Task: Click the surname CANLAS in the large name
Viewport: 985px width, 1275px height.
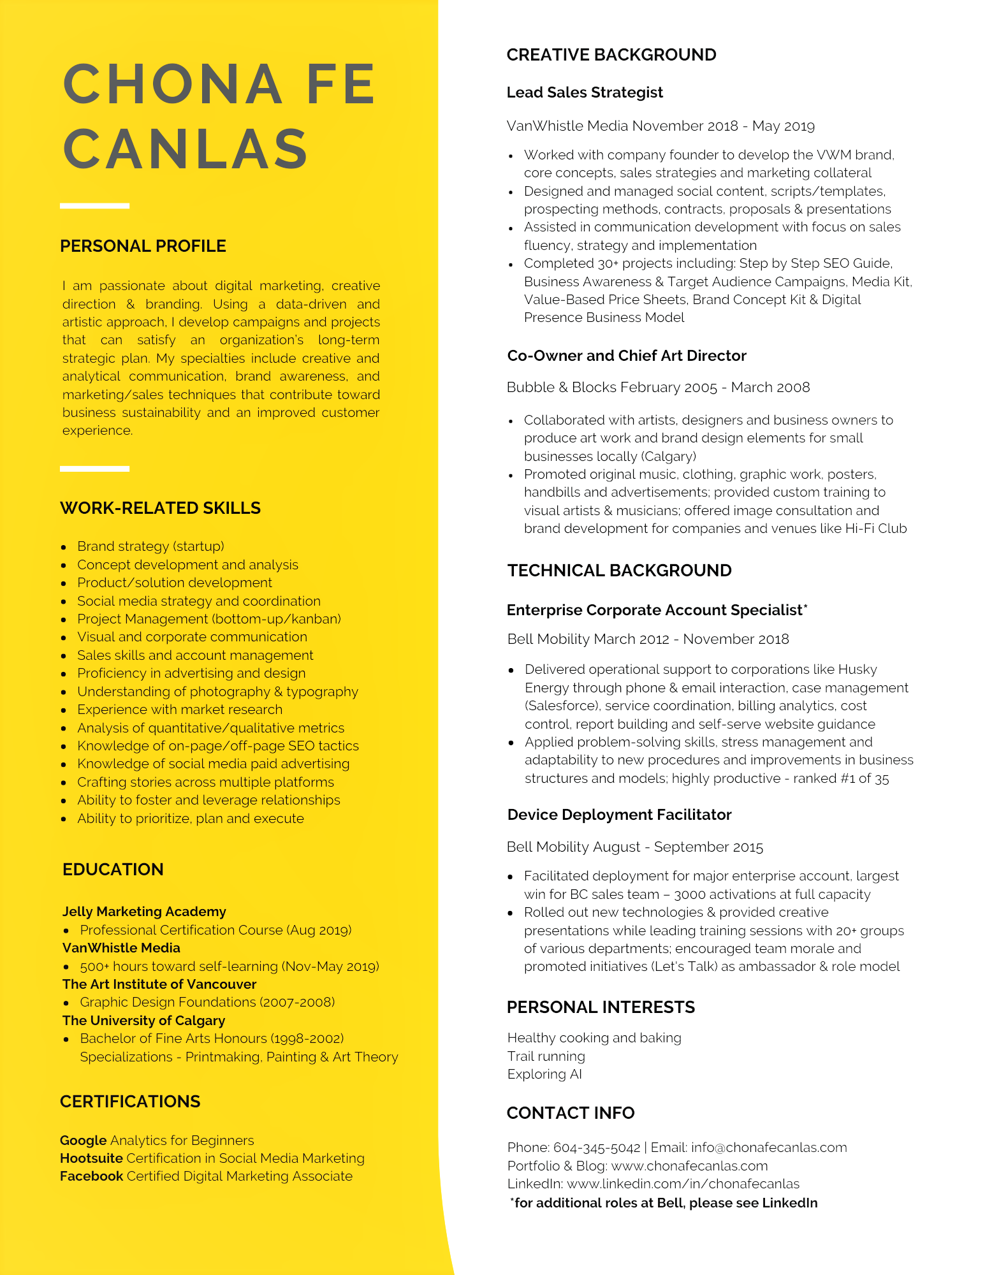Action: (186, 149)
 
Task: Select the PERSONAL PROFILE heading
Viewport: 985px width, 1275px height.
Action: (143, 246)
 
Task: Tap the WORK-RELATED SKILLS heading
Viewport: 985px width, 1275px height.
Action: (160, 508)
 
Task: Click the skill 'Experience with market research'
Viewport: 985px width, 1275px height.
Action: (180, 710)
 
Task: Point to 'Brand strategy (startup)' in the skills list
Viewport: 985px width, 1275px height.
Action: (150, 546)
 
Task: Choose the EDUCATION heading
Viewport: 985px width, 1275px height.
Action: (113, 870)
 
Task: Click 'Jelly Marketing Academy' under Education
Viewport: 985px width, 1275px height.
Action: (144, 912)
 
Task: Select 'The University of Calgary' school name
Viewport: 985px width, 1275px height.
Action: (143, 1021)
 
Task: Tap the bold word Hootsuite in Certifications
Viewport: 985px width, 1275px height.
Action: (91, 1158)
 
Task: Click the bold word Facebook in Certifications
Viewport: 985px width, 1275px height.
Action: (91, 1176)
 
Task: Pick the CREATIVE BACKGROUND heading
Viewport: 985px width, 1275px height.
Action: (611, 55)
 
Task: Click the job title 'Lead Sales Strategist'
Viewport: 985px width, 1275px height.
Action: (585, 92)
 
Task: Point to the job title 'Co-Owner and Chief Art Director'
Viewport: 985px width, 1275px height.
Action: (627, 356)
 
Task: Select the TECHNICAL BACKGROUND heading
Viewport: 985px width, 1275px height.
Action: (619, 571)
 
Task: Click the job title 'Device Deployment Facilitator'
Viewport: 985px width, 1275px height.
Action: (619, 815)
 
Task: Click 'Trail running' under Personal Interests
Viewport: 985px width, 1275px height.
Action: (546, 1056)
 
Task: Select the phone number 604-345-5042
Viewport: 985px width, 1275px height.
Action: (597, 1147)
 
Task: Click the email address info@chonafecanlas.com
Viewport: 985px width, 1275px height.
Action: (769, 1147)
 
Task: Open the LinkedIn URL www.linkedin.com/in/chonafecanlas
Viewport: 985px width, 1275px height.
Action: (683, 1184)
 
